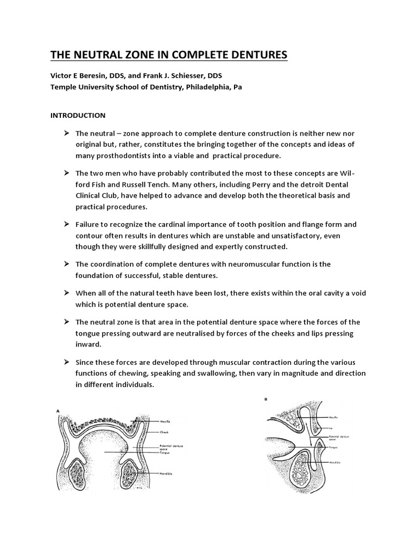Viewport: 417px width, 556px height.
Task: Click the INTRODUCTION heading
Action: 78,116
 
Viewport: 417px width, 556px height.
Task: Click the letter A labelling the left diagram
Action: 58,412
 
